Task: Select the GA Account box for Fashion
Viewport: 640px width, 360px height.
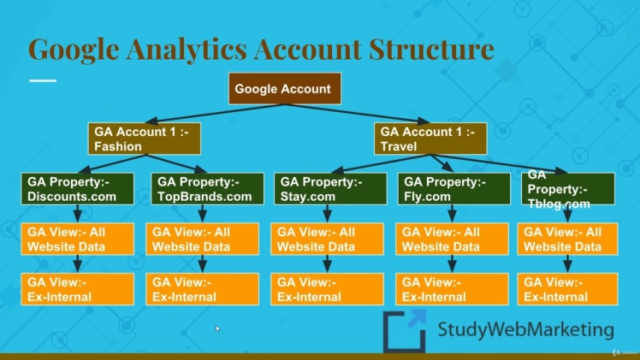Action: point(144,139)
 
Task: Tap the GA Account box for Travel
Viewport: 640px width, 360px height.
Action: point(430,139)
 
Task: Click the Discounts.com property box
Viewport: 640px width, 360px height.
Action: point(78,189)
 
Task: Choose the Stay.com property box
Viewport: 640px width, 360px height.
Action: point(329,189)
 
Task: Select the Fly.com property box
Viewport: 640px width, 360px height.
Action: point(451,189)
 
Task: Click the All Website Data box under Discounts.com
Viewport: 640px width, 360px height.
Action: point(78,239)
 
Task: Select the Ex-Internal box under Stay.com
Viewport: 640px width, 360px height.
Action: point(329,290)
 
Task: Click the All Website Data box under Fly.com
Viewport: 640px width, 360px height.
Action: point(451,239)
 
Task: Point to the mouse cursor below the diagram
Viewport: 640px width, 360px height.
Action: point(217,328)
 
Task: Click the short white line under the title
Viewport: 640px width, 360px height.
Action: point(42,80)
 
